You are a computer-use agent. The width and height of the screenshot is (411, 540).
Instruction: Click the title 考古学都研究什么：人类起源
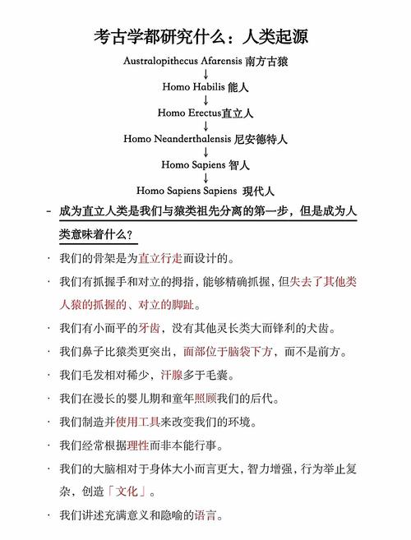[x=205, y=37]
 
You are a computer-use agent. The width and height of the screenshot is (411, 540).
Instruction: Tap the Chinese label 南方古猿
[x=266, y=61]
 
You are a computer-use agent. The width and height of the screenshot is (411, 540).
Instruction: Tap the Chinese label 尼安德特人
[x=261, y=139]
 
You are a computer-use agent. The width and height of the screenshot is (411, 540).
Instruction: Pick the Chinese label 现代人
[x=257, y=191]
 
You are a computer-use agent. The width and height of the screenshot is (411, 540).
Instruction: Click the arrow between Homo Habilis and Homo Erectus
[x=205, y=99]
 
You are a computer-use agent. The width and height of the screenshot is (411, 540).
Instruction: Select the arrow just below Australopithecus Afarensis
[x=205, y=74]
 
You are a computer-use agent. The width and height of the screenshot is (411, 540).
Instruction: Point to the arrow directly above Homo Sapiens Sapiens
[x=205, y=178]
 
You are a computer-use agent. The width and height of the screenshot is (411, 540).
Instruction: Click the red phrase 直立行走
[x=159, y=258]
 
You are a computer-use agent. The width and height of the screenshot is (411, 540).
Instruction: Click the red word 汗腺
[x=171, y=376]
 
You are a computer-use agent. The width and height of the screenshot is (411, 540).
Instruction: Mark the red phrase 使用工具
[x=136, y=422]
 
